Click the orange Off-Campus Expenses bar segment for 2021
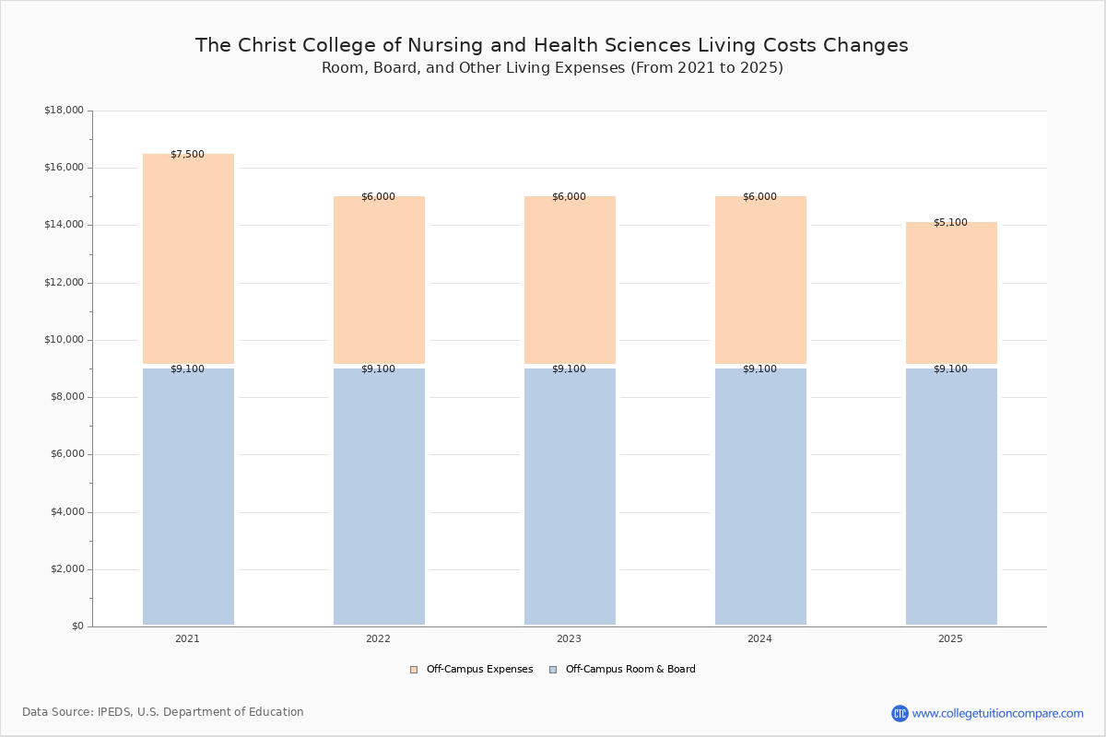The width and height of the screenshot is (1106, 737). (188, 259)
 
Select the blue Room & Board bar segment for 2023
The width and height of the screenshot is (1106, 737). (570, 497)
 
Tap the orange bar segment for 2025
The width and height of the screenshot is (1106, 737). (951, 293)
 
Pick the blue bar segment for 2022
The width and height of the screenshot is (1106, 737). (379, 497)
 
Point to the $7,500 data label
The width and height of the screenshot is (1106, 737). (188, 155)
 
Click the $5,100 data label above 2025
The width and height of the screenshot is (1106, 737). (950, 223)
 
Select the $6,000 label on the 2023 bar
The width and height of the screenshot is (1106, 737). (569, 197)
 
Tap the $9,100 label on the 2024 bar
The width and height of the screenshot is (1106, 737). (759, 369)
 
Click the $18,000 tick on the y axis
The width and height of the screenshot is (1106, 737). (65, 111)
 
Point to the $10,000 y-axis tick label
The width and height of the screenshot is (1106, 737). (65, 340)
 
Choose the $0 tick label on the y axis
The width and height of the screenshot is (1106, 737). (78, 626)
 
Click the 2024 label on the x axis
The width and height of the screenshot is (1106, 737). (759, 638)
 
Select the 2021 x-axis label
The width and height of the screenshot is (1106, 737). (188, 638)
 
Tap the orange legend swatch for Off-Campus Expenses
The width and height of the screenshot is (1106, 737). (414, 670)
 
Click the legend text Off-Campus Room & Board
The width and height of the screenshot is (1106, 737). (630, 670)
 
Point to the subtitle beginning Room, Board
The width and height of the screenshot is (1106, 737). (552, 67)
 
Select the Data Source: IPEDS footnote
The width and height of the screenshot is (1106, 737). (163, 712)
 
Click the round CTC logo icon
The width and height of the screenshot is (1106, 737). (900, 713)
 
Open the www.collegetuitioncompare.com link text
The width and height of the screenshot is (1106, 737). (998, 714)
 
